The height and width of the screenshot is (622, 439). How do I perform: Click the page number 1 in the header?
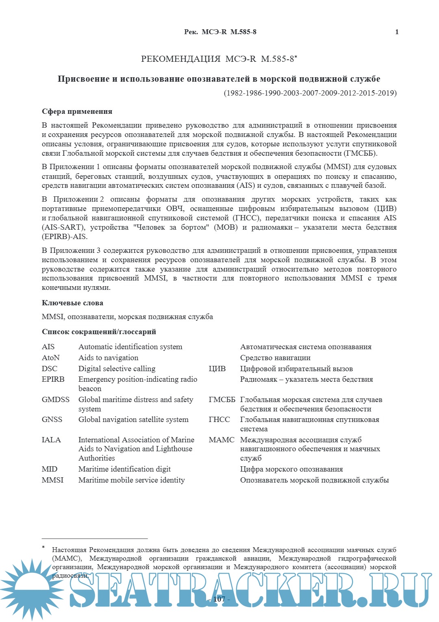pos(397,32)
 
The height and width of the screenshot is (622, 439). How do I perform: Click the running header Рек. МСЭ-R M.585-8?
pos(220,32)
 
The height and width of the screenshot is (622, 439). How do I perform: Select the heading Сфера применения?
pos(77,111)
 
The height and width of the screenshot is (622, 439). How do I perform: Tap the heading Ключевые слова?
pos(72,303)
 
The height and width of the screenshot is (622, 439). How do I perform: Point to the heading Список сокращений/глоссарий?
pos(99,332)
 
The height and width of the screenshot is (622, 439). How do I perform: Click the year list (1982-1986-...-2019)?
pos(310,93)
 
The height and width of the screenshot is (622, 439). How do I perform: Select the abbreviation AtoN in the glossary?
pos(51,358)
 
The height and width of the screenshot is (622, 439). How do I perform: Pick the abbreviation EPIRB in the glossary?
pos(53,379)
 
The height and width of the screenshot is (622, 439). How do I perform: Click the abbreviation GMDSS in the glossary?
pos(56,400)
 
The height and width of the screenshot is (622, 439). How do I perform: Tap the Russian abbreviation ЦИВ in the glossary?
pos(217,369)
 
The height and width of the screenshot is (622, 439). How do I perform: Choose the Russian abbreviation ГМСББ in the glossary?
pos(222,400)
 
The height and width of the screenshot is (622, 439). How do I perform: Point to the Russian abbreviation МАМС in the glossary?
pos(222,440)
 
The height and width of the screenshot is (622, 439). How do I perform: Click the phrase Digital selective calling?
pos(117,369)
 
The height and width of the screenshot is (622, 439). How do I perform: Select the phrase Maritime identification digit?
pos(124,469)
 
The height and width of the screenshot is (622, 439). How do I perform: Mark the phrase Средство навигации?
pos(275,358)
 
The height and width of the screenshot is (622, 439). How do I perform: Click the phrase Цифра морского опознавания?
pos(291,469)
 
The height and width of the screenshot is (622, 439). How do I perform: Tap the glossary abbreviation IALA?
pos(51,440)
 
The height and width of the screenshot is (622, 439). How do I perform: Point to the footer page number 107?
pos(219,599)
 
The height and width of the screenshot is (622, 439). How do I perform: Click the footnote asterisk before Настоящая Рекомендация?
pos(43,548)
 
